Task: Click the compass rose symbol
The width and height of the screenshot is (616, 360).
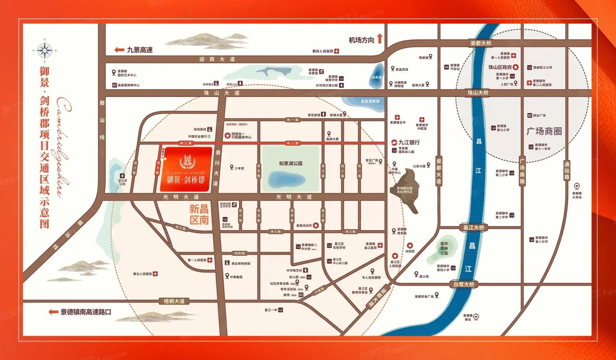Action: tap(44, 50)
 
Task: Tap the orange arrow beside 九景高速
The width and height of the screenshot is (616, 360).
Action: tap(119, 50)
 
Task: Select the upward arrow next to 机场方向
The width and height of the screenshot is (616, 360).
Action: tap(379, 39)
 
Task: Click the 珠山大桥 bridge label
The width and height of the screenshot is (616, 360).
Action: tap(478, 93)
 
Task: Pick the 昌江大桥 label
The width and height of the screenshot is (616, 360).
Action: tap(473, 228)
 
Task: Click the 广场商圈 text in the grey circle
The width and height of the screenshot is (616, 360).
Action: tap(544, 131)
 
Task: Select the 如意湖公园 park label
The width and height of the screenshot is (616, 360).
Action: tap(291, 163)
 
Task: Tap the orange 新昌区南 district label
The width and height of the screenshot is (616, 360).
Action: tap(198, 214)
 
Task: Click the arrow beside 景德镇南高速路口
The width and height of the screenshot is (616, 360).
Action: tap(53, 312)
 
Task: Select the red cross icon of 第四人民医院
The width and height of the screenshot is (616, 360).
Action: tap(337, 51)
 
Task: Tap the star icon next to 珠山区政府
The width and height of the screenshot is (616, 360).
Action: tap(516, 67)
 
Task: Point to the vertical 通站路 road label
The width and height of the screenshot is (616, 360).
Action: tap(566, 170)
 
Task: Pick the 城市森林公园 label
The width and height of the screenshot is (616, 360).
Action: tap(444, 249)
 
